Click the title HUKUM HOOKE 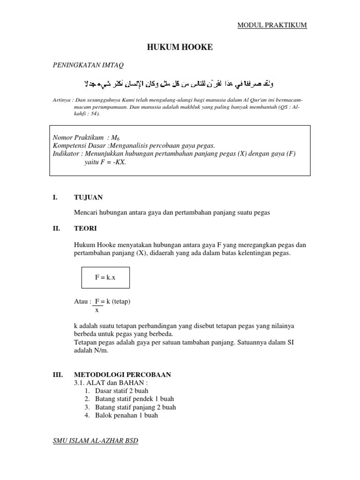pos(180,47)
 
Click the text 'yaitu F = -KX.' pos(105,162)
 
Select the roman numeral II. pos(55,228)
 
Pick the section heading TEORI pos(86,228)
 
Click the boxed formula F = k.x pos(105,277)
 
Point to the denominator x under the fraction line pos(97,310)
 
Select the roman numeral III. pos(57,375)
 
